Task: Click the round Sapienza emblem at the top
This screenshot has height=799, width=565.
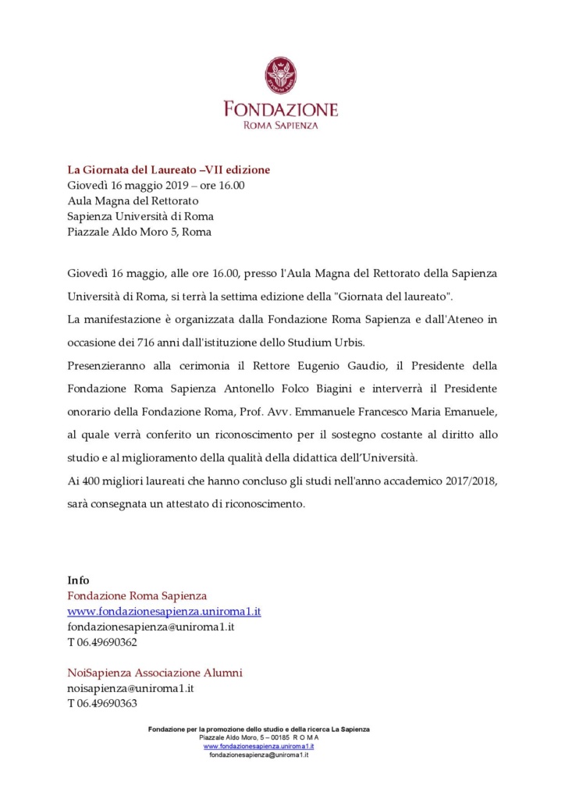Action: [x=281, y=76]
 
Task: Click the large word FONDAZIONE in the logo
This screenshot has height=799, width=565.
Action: [x=281, y=108]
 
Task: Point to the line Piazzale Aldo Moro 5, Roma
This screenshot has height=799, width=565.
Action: [x=139, y=232]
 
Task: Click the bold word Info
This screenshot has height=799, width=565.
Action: [x=78, y=580]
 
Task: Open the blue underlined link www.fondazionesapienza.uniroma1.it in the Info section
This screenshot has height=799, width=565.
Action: [x=164, y=611]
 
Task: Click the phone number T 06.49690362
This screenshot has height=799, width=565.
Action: [x=102, y=642]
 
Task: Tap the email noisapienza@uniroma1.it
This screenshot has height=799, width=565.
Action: [x=130, y=688]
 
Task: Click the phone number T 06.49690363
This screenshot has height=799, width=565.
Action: [x=102, y=704]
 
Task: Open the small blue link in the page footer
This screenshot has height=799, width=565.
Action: [x=258, y=747]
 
